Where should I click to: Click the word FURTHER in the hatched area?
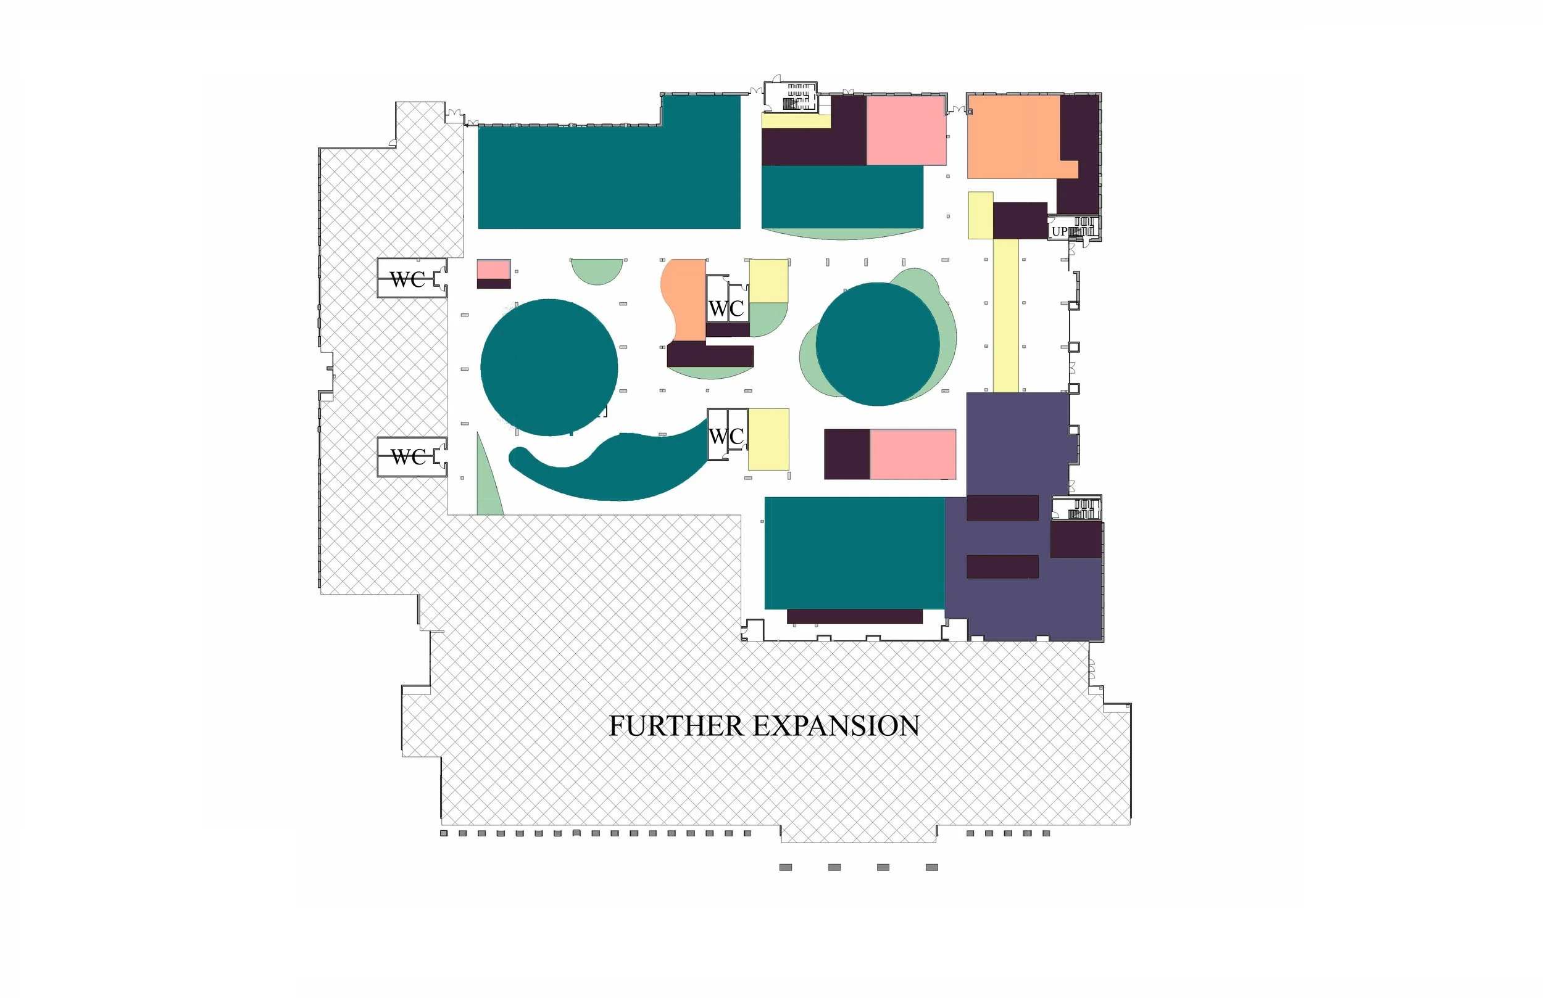coord(676,726)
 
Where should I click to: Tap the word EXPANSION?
coord(836,726)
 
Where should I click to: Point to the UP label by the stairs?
coord(1059,231)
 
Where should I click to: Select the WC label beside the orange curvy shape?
coord(726,309)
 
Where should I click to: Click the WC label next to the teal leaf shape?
coord(726,437)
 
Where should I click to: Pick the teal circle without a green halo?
coord(549,368)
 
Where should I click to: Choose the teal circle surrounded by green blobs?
coord(877,344)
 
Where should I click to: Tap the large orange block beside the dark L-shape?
coord(1015,137)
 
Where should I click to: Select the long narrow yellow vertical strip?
coord(1005,316)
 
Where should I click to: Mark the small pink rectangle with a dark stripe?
coord(494,274)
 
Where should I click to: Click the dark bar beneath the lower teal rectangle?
coord(854,616)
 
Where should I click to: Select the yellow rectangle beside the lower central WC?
coord(769,439)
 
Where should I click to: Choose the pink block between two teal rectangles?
coord(906,130)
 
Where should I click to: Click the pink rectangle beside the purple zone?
coord(913,455)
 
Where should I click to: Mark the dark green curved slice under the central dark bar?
coord(710,373)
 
